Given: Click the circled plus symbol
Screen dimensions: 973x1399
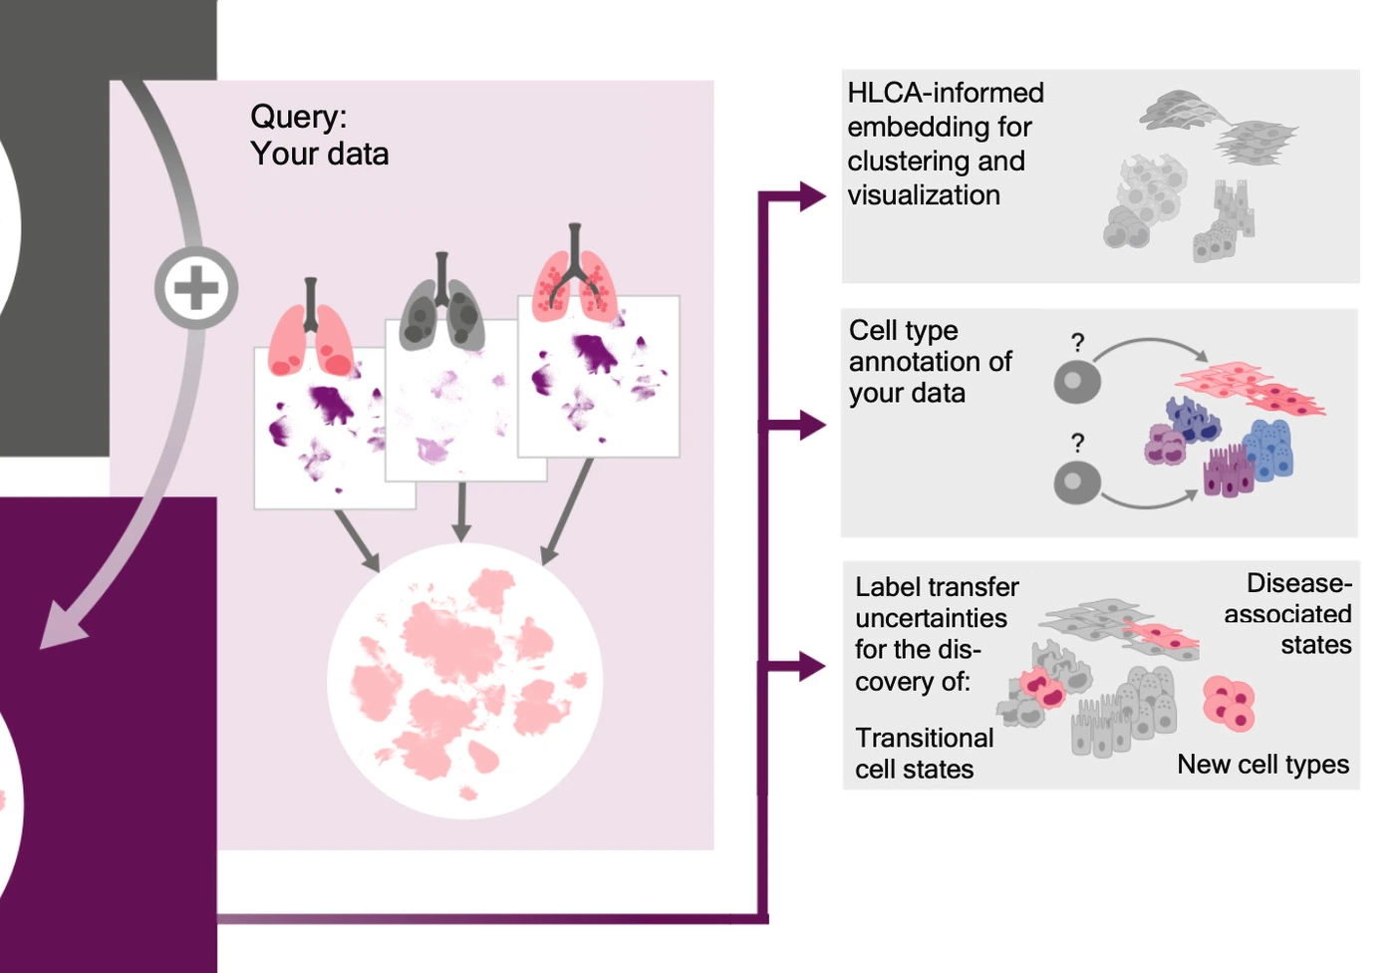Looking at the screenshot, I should tap(196, 288).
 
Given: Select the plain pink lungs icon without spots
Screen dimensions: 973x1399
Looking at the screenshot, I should tap(311, 334).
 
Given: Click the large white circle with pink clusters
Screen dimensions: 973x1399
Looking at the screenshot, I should tap(465, 681).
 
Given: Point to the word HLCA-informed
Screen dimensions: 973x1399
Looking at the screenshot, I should tap(945, 93).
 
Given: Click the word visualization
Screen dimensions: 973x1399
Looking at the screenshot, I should tap(923, 195).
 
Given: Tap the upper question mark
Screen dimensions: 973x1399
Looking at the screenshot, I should tap(1077, 342).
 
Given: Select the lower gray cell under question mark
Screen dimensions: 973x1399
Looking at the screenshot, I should tap(1076, 483).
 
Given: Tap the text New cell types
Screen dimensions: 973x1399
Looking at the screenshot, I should tap(1262, 765).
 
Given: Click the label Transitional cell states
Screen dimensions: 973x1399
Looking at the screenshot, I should tap(923, 753).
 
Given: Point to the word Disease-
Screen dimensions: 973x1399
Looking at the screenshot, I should tap(1298, 583).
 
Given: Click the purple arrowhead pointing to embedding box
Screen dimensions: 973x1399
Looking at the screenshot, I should tap(811, 196).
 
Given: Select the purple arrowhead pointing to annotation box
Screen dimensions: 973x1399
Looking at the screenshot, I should tap(811, 426).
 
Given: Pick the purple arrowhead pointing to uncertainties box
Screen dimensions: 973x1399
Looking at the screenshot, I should tap(811, 667).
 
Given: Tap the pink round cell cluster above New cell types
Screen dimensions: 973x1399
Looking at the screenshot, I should tap(1229, 702).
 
